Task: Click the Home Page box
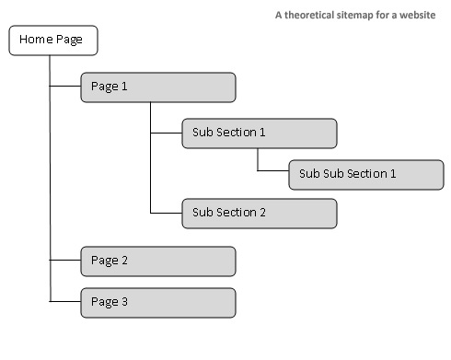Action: coord(52,41)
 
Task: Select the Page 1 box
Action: coord(157,87)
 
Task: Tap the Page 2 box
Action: coord(157,261)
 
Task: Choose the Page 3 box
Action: coord(157,302)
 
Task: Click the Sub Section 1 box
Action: coord(259,133)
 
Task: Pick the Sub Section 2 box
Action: coord(259,213)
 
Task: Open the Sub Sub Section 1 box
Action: coord(365,174)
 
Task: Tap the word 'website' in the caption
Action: coord(417,15)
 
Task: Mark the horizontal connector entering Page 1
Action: coord(64,87)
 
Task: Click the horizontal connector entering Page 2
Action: coord(64,261)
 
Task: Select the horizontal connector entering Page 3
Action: coord(64,302)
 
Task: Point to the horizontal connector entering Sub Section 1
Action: coord(166,133)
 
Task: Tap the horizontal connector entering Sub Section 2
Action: coord(166,213)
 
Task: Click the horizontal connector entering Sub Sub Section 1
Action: coord(273,172)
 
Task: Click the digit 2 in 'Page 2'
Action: coord(124,261)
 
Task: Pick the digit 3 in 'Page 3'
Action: coord(124,302)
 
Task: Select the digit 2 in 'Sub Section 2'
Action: coord(262,213)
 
